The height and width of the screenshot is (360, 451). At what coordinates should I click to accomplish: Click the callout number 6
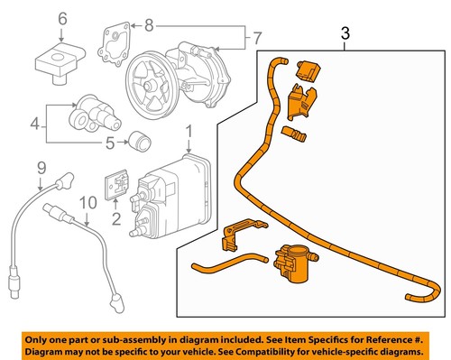[x=61, y=19]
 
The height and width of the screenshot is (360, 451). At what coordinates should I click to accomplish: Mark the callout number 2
[x=115, y=218]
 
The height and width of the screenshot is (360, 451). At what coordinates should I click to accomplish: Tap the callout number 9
[x=41, y=167]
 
